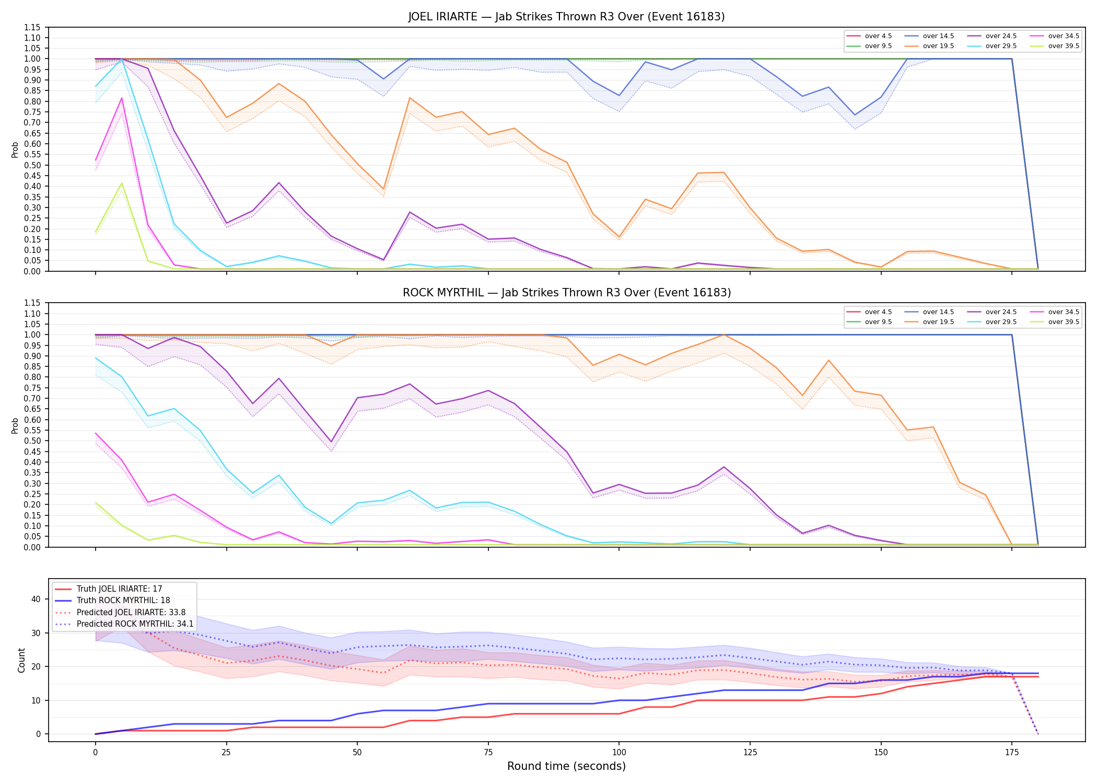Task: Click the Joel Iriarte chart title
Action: [x=566, y=17]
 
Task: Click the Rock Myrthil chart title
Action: [x=566, y=293]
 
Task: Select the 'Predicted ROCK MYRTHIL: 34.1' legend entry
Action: [x=124, y=624]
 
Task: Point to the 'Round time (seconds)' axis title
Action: [x=566, y=766]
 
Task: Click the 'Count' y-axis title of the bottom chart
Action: [x=21, y=660]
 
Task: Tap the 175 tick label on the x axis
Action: [x=1012, y=753]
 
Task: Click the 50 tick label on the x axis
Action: [x=357, y=753]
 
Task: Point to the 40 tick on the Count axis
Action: [x=36, y=599]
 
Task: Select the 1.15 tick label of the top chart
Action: [x=32, y=27]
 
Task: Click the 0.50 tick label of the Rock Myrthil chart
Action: [x=32, y=441]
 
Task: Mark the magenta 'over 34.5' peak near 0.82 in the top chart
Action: [x=122, y=98]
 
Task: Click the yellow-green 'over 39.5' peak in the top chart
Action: [x=122, y=183]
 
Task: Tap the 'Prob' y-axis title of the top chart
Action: [x=15, y=149]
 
